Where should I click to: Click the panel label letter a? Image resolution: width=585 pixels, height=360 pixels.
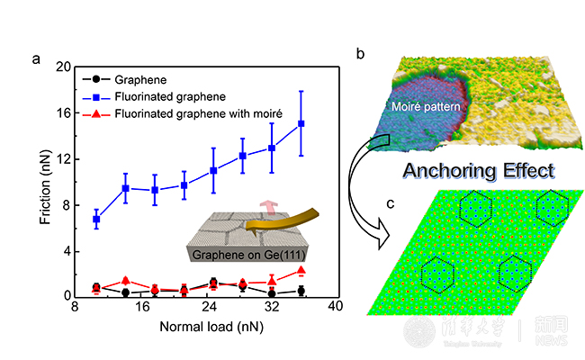pos(35,59)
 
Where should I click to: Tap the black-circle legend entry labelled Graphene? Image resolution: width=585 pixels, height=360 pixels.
pos(135,78)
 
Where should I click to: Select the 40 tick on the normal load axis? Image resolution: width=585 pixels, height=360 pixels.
pos(335,308)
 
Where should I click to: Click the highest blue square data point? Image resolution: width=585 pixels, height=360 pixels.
pos(301,123)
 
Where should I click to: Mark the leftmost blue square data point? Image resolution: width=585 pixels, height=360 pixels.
pos(96,219)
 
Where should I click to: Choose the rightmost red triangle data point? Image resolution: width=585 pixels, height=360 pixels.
pos(301,270)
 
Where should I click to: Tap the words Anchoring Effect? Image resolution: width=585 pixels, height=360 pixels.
pos(477,171)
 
